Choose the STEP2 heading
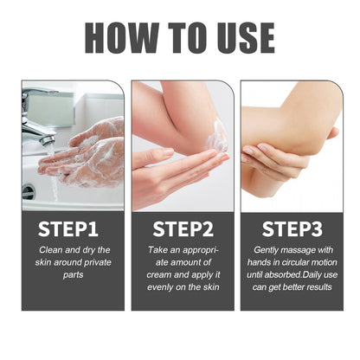coord(183,229)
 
